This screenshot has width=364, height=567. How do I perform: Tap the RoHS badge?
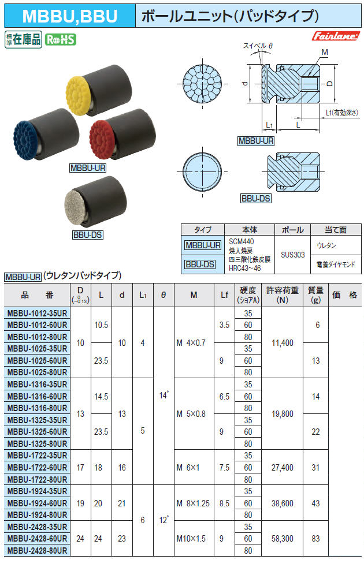coord(61,40)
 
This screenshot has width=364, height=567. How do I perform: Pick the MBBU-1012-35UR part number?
coord(36,313)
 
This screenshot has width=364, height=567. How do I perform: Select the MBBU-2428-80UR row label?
coord(36,551)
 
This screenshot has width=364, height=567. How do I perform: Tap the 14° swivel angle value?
coord(164,396)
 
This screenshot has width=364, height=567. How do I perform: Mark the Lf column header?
coord(224,294)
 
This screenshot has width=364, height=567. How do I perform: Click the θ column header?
coord(164,294)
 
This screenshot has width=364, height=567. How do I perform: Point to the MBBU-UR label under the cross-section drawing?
coord(255,140)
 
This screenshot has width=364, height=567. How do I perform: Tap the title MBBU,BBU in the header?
coord(68,16)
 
